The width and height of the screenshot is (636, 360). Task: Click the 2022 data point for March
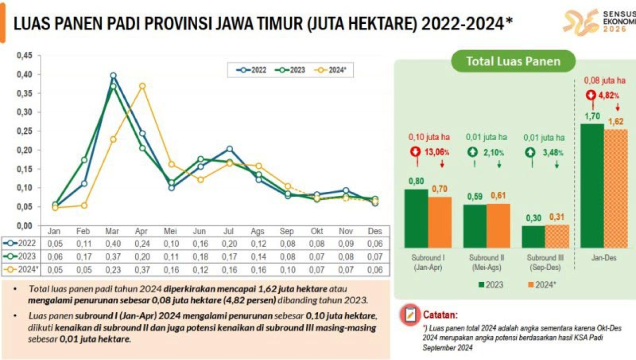[113, 76]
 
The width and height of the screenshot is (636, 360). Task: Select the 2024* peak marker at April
[142, 86]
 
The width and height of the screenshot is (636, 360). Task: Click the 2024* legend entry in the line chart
[333, 70]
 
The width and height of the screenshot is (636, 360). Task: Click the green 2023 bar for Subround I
[416, 218]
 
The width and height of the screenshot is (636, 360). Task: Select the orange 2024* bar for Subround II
[498, 225]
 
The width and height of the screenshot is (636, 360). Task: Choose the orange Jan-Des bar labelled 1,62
[616, 188]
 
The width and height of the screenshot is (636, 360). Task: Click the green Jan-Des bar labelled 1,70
[592, 185]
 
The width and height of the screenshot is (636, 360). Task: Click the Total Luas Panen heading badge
[513, 62]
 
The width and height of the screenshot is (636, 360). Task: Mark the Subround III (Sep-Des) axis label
[545, 262]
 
